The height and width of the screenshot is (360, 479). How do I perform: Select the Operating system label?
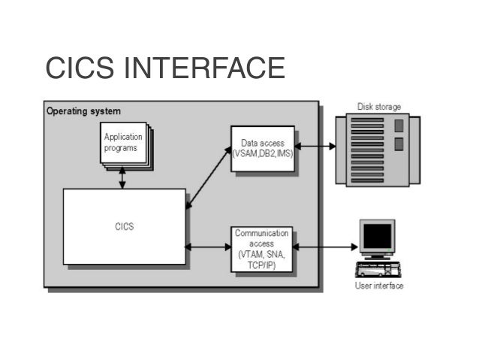[83, 111]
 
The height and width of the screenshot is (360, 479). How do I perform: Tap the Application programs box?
[124, 144]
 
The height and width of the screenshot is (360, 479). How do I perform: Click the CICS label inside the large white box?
[125, 226]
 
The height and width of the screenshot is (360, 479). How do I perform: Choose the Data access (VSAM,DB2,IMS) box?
[262, 148]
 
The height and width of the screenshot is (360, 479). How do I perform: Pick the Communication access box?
[261, 250]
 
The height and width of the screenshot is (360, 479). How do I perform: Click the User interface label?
[379, 286]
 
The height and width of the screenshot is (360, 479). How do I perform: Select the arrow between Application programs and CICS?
[122, 177]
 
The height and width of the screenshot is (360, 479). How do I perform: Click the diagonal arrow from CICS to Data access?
[209, 177]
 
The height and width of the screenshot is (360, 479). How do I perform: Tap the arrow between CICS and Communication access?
[208, 247]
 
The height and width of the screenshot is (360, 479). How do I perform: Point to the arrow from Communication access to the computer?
[324, 246]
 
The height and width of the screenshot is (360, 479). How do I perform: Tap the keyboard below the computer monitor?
[378, 271]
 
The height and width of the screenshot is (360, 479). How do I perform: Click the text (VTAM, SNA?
[261, 255]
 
